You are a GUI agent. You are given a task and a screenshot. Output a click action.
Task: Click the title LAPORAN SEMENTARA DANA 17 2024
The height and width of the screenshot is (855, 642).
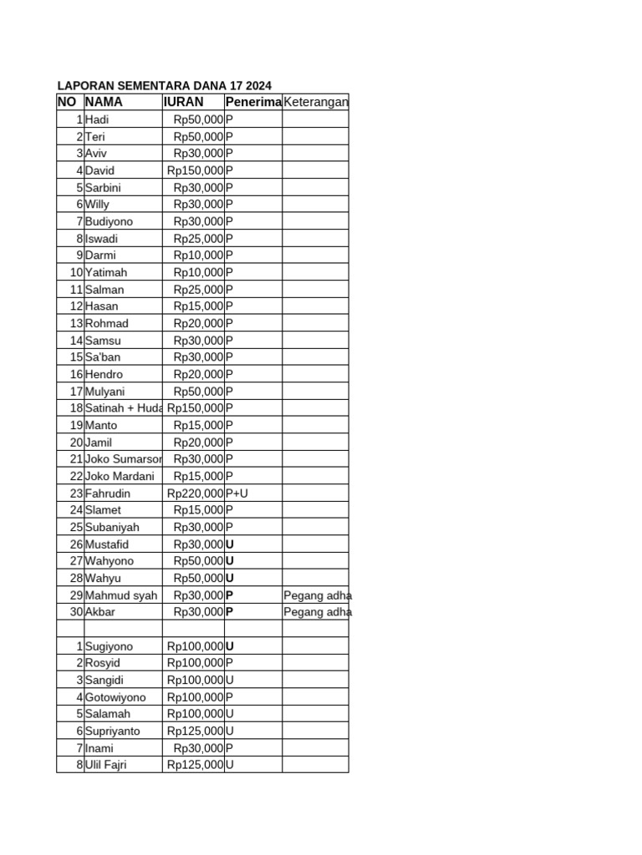164,85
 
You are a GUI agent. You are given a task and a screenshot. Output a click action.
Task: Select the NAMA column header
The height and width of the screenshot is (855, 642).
104,102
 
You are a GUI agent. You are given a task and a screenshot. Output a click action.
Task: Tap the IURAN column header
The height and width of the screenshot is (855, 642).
184,102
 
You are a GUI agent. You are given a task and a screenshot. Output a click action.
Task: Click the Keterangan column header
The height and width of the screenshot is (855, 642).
315,102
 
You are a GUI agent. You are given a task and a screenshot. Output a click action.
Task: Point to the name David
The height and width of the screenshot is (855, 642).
99,170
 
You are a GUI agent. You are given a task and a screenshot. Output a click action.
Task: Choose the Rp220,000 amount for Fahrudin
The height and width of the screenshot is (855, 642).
196,493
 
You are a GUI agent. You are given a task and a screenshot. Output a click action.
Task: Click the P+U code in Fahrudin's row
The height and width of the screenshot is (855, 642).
237,493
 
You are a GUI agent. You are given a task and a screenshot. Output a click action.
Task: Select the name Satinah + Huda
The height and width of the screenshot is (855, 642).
123,408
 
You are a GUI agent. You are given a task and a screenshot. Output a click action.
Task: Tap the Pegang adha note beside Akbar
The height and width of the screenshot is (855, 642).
318,612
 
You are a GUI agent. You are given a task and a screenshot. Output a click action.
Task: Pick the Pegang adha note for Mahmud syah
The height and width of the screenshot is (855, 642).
318,595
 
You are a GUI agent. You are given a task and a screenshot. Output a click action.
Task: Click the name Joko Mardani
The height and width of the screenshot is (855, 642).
120,476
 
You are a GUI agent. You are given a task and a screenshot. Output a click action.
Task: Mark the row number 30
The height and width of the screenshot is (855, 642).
76,612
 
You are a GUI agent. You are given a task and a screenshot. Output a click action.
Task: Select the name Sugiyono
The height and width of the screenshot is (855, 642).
109,646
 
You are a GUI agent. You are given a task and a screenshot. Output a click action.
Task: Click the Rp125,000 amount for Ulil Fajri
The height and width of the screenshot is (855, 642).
196,765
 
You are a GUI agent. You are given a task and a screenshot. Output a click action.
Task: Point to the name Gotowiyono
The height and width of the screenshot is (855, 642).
115,697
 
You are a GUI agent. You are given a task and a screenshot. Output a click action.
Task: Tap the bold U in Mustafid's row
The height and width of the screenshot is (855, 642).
230,544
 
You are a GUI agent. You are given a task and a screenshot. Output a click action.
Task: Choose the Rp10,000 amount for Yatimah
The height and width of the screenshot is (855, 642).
199,272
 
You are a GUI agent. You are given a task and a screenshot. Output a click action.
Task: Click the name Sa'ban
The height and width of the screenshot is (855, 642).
103,357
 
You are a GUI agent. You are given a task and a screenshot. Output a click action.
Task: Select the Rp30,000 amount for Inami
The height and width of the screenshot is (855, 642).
199,748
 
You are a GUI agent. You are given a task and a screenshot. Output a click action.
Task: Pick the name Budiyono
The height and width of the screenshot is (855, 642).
109,221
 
